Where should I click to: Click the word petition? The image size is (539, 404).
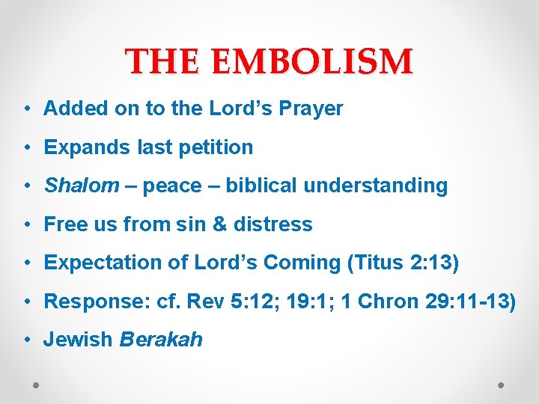(217, 147)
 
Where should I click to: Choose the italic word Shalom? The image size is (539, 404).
(81, 186)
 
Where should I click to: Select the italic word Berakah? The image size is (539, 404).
(161, 339)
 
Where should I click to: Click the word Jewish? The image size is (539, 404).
(79, 339)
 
